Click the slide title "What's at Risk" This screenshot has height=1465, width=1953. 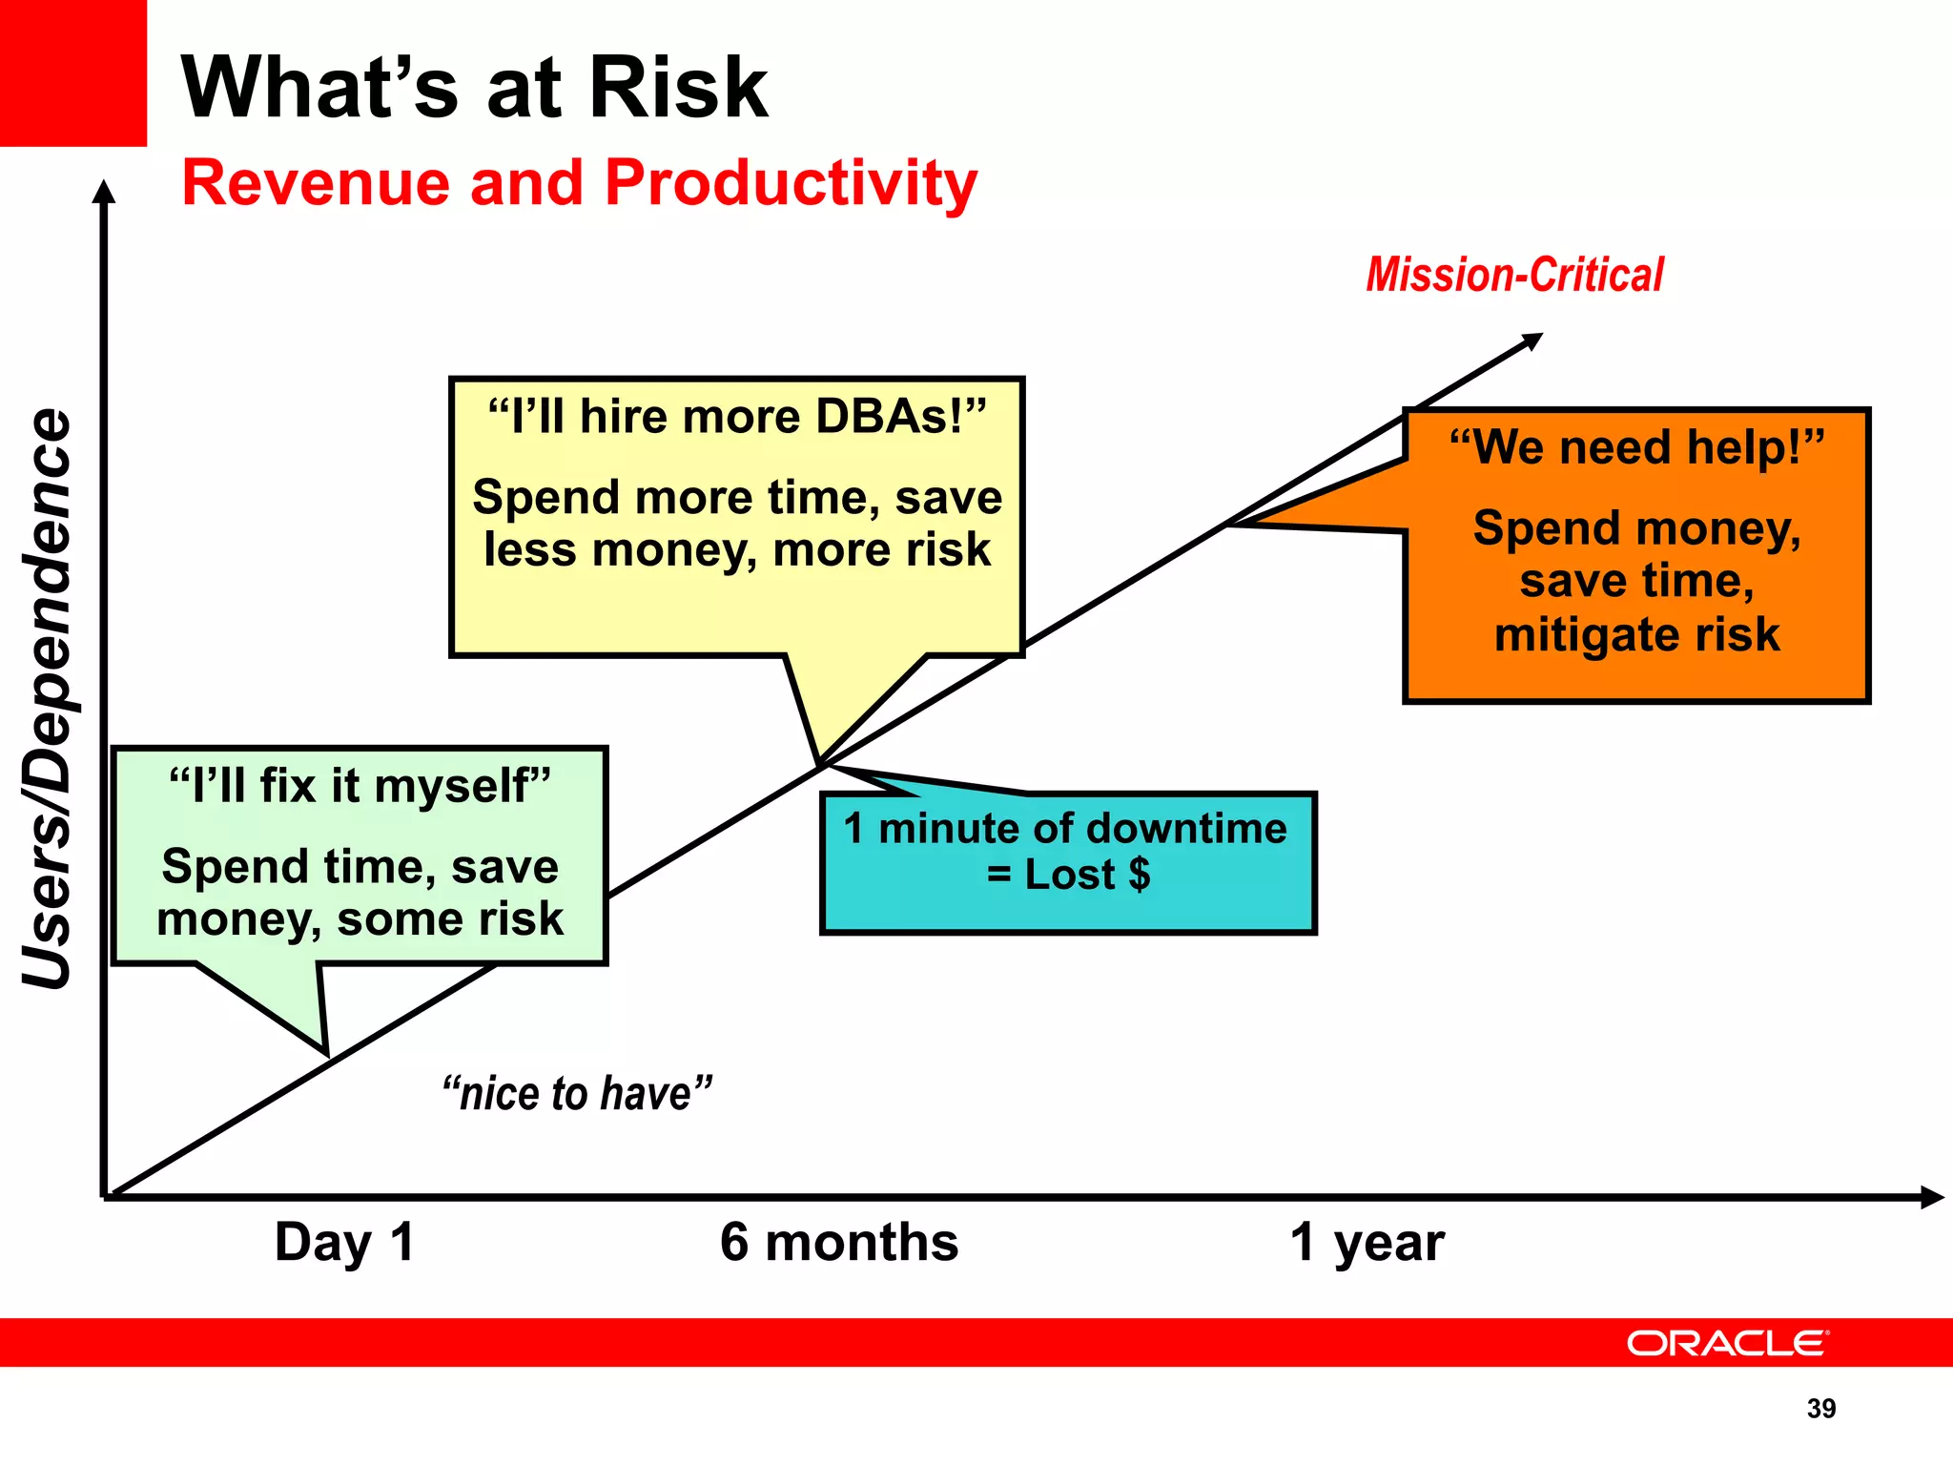pos(474,88)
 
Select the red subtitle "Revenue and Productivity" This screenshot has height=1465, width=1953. pos(579,182)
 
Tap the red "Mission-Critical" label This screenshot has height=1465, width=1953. pos(1514,275)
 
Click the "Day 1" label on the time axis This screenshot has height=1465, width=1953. pos(344,1242)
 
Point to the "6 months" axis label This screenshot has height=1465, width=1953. pos(838,1242)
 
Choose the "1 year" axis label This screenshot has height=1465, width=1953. pos(1367,1242)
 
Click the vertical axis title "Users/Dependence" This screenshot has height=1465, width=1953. pos(48,698)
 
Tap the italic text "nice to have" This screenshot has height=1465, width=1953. pos(577,1093)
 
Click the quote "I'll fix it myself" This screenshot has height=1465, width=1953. pos(360,786)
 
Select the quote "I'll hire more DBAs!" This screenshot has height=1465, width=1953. pos(736,417)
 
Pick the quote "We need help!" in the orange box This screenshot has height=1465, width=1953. pos(1636,447)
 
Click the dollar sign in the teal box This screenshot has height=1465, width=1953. pos(1139,874)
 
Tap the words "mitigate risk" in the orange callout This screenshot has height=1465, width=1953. pos(1636,634)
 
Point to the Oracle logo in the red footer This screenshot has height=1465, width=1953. pos(1727,1343)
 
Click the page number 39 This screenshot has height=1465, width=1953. pos(1820,1409)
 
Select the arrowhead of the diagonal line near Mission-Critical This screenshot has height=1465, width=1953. pos(1532,340)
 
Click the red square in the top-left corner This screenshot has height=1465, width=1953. pos(72,72)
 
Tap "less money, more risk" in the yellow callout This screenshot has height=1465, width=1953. pos(736,550)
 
